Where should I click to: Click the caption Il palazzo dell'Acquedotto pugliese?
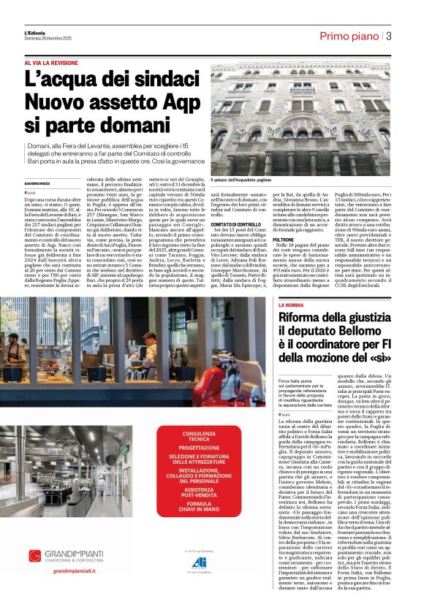[x=246, y=180]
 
